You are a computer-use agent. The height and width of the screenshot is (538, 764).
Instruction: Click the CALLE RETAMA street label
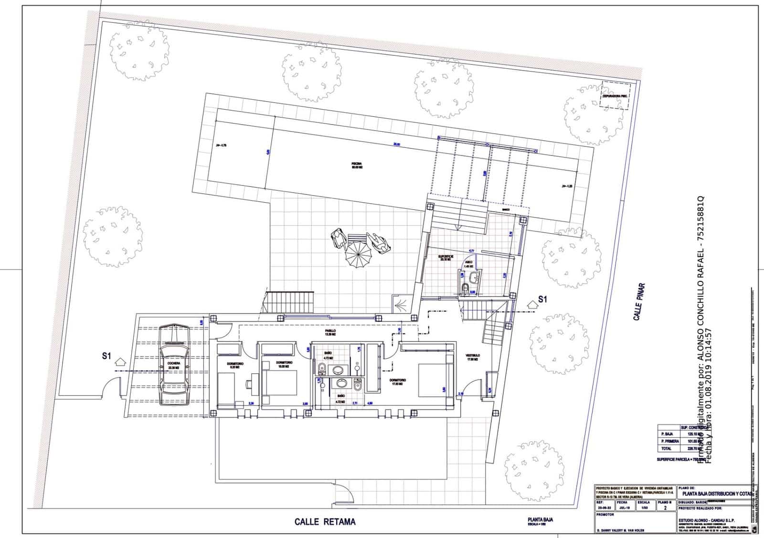(325, 521)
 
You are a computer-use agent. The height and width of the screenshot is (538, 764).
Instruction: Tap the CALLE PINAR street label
(639, 301)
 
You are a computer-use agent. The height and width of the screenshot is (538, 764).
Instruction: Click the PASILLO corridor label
(330, 331)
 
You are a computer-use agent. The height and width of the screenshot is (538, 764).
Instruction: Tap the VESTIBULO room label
(473, 356)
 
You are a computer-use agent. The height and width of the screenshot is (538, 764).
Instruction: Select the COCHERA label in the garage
(174, 364)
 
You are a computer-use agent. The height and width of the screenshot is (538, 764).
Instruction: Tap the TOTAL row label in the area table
(666, 448)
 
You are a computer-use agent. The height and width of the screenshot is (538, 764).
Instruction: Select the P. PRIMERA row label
(670, 441)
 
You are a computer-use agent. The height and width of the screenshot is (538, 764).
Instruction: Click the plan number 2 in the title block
(665, 508)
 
